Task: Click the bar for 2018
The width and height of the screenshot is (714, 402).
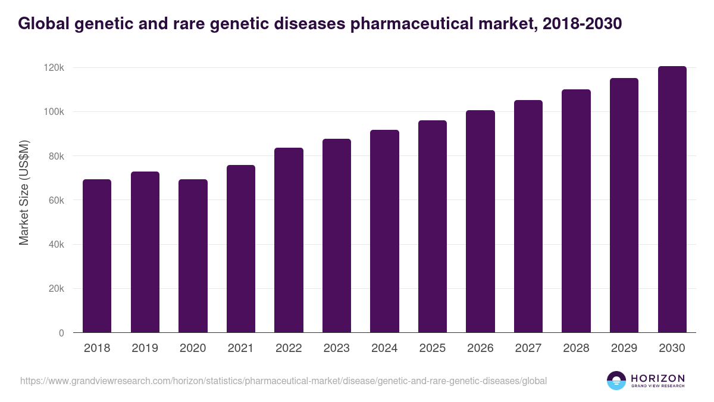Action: tap(97, 256)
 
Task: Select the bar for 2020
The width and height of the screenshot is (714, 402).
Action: tap(193, 256)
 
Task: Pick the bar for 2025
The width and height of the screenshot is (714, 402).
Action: tap(433, 226)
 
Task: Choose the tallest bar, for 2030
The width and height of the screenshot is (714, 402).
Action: tap(672, 200)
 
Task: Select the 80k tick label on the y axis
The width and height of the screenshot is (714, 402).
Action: tap(56, 156)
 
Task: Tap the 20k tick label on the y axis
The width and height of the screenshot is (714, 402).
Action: tap(56, 289)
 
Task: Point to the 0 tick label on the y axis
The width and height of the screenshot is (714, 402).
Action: tap(61, 333)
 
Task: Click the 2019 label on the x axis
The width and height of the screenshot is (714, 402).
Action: tap(145, 348)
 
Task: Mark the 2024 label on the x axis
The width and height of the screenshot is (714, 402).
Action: tap(384, 348)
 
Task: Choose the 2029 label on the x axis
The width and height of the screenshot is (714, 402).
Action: tap(624, 348)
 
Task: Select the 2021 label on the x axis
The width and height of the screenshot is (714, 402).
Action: tap(241, 348)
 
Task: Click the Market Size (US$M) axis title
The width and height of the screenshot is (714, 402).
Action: tap(24, 192)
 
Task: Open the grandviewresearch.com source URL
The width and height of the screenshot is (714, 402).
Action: tap(283, 381)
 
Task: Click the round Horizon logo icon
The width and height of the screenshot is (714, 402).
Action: tap(616, 381)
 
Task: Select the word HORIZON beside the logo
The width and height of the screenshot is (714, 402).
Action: tap(657, 378)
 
